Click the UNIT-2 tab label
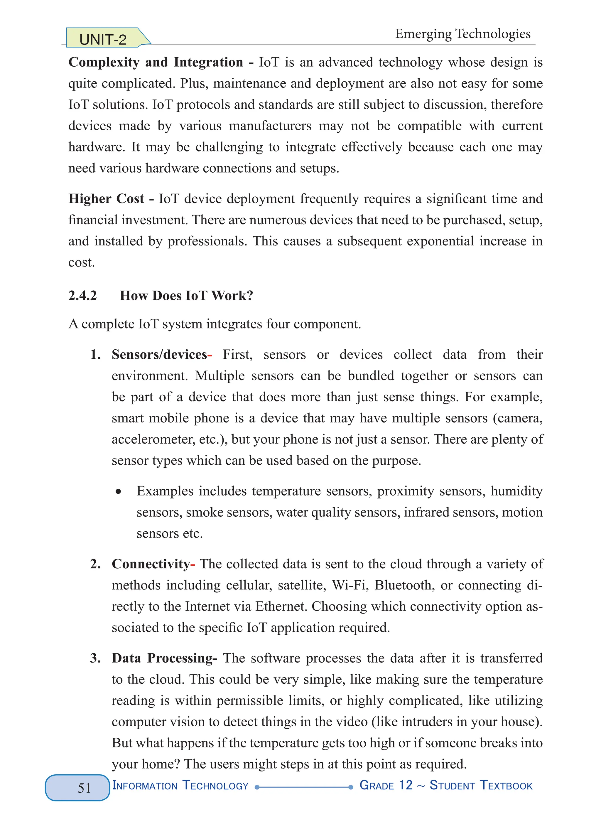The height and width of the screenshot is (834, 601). [103, 39]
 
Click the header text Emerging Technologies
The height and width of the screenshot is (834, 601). [462, 34]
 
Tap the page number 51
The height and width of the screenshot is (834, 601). [84, 788]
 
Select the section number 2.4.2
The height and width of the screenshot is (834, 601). [82, 296]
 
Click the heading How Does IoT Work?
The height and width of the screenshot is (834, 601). [186, 296]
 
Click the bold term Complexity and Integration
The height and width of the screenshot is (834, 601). [156, 63]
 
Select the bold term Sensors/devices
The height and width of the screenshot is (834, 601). [160, 355]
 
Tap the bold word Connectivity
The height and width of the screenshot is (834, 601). [151, 564]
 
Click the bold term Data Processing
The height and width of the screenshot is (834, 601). [162, 658]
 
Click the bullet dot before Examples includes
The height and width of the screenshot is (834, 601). [118, 492]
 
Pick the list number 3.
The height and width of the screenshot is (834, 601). [95, 658]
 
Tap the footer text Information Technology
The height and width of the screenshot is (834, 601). [180, 786]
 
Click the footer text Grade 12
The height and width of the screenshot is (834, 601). [386, 786]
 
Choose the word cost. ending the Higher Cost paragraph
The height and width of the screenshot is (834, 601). [81, 262]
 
